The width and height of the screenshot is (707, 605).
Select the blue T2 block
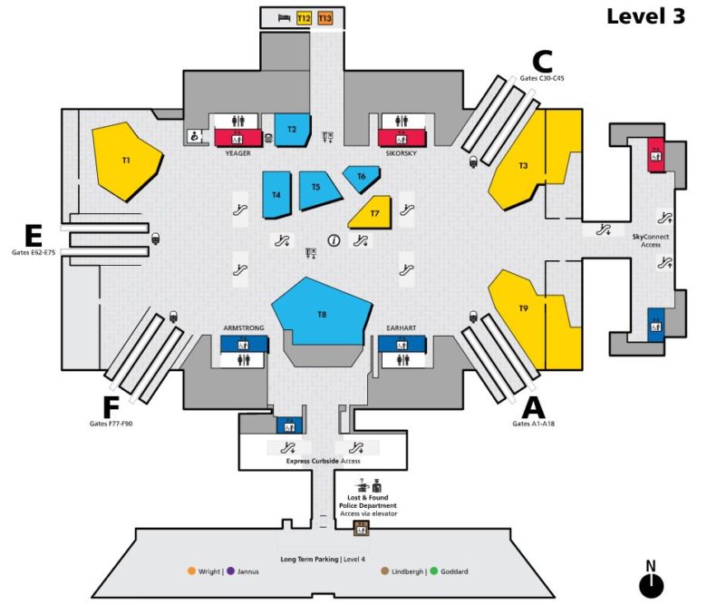click(292, 131)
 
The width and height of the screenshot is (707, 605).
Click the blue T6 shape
click(361, 178)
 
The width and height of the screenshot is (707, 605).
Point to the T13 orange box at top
click(325, 18)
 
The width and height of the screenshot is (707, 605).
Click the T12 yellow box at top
click(304, 18)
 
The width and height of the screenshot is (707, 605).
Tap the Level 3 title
click(645, 16)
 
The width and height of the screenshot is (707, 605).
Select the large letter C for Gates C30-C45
click(541, 61)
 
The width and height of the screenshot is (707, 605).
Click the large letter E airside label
click(33, 236)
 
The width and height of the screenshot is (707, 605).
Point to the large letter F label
click(111, 407)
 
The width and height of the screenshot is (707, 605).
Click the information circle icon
click(334, 240)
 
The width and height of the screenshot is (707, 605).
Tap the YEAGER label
click(237, 153)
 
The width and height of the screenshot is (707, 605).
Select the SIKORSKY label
click(400, 153)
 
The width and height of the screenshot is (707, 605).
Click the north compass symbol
click(650, 583)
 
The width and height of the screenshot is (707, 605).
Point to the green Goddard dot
click(434, 571)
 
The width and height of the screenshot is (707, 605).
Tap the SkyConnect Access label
click(652, 240)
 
